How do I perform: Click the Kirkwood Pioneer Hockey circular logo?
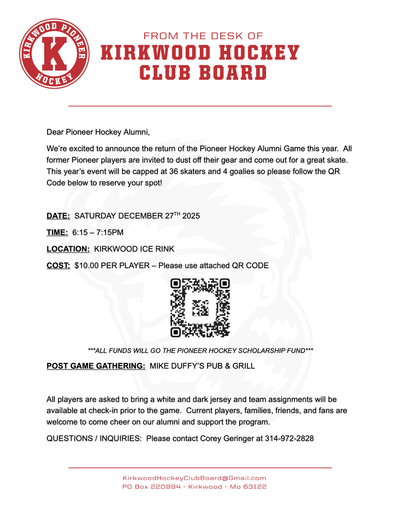pyautogui.click(x=53, y=53)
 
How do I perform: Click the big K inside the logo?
pyautogui.click(x=53, y=54)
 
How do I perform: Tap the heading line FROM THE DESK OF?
pyautogui.click(x=203, y=36)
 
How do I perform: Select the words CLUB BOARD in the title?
pyautogui.click(x=203, y=72)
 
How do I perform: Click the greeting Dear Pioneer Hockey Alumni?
pyautogui.click(x=98, y=132)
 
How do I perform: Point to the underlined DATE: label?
pyautogui.click(x=58, y=216)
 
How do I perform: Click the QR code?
pyautogui.click(x=200, y=308)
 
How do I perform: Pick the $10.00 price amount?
pyautogui.click(x=88, y=265)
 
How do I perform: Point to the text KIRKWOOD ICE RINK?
pyautogui.click(x=134, y=249)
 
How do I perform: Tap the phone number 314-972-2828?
pyautogui.click(x=289, y=438)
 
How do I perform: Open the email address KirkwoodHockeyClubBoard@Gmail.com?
pyautogui.click(x=194, y=478)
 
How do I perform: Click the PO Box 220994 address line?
pyautogui.click(x=194, y=487)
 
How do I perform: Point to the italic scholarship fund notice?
pyautogui.click(x=200, y=350)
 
